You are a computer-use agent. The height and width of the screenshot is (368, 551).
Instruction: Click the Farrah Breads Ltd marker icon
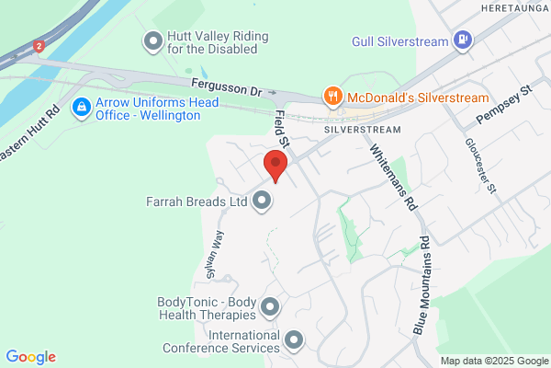(264, 200)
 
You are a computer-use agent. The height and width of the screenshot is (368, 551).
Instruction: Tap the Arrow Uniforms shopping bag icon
(82, 109)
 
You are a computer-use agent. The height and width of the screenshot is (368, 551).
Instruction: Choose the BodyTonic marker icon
(270, 306)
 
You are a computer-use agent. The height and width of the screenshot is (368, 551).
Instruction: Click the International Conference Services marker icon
(294, 341)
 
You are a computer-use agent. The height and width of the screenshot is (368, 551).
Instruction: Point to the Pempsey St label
(504, 107)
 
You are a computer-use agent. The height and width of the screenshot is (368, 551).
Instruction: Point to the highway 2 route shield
(39, 44)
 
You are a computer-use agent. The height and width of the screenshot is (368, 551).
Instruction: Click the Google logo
(30, 357)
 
